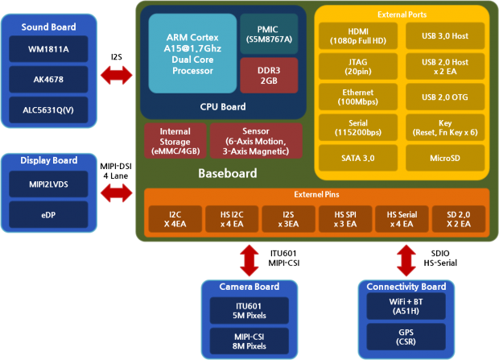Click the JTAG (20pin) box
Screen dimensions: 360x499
(357, 66)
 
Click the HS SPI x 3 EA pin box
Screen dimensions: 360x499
(341, 218)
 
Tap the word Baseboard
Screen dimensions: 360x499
(228, 172)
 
